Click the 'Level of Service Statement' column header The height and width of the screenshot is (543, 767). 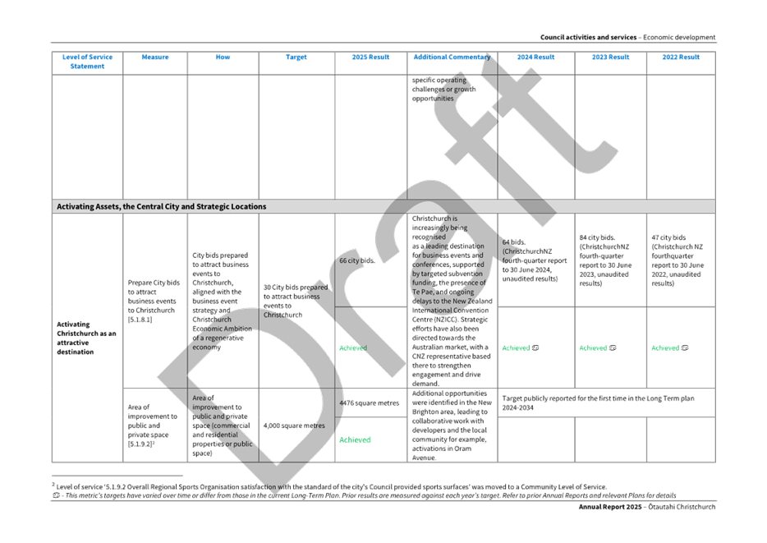pos(87,62)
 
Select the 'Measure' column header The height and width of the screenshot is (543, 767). pos(155,58)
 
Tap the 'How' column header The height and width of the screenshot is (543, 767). pos(223,58)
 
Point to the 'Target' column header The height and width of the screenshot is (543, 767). pos(296,58)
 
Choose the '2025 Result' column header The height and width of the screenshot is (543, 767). pos(371,58)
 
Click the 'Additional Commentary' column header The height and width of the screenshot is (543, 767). pos(452,58)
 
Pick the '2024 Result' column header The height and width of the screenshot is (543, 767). pos(535,58)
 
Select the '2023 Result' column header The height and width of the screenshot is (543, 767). pos(610,58)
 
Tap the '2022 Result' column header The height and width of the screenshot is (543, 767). pos(681,58)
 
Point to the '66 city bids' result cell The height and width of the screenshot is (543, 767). pos(357,260)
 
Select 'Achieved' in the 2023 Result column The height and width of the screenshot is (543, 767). pos(597,348)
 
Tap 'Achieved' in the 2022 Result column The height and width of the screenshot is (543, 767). pos(669,348)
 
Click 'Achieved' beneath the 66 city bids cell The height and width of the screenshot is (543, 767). pos(353,348)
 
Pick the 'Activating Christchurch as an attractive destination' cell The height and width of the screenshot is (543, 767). pos(87,338)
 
